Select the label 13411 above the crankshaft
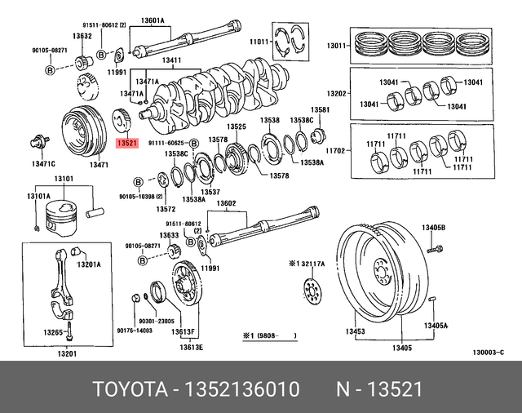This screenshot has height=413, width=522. pyautogui.click(x=173, y=60)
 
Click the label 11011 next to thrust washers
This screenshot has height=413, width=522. pyautogui.click(x=259, y=41)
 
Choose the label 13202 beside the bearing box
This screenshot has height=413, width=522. pyautogui.click(x=338, y=94)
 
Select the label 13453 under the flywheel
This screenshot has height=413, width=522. pyautogui.click(x=355, y=331)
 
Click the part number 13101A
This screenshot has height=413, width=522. pyautogui.click(x=38, y=196)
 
